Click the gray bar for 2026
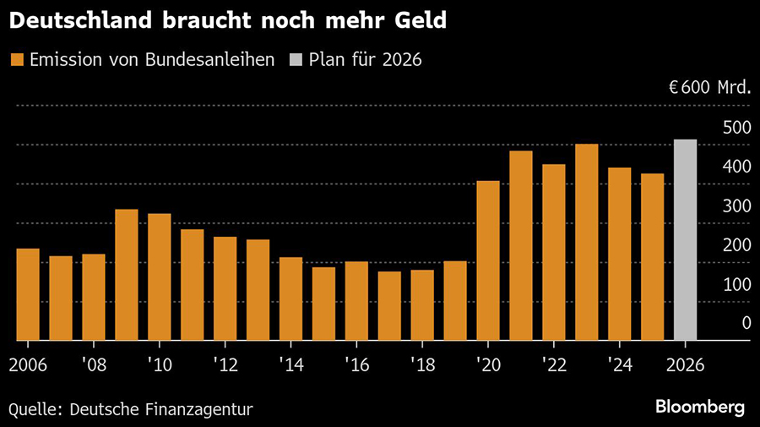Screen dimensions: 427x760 coord(685,240)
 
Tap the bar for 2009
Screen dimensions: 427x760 coord(127,275)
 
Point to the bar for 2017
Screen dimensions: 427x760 coord(389,305)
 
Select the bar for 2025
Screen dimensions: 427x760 coord(652,257)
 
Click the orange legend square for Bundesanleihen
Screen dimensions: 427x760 coord(16,60)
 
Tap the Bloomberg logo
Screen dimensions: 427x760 coord(700,407)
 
